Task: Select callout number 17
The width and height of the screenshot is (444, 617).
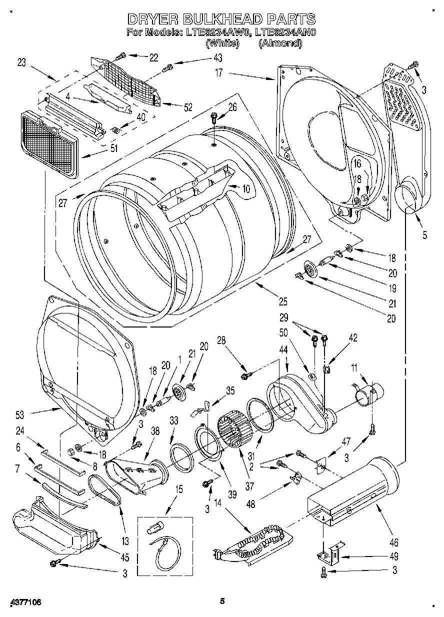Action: [218, 72]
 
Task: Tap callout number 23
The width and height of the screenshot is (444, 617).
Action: [21, 62]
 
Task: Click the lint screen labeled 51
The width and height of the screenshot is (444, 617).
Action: [48, 142]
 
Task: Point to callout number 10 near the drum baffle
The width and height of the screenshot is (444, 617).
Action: [245, 189]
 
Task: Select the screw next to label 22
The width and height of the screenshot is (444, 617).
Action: [121, 56]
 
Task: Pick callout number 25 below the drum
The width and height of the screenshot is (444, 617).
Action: [283, 301]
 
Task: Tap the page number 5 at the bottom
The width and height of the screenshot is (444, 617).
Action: [222, 601]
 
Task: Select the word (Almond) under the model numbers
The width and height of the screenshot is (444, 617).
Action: [280, 43]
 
